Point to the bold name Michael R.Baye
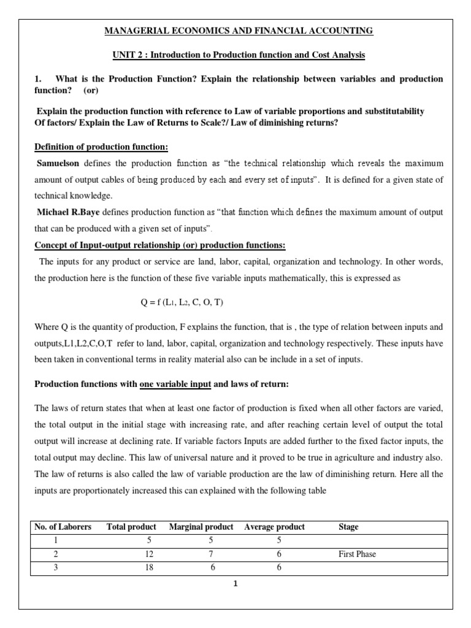pos(68,212)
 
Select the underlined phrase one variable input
pos(175,385)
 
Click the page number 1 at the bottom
pos(234,584)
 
